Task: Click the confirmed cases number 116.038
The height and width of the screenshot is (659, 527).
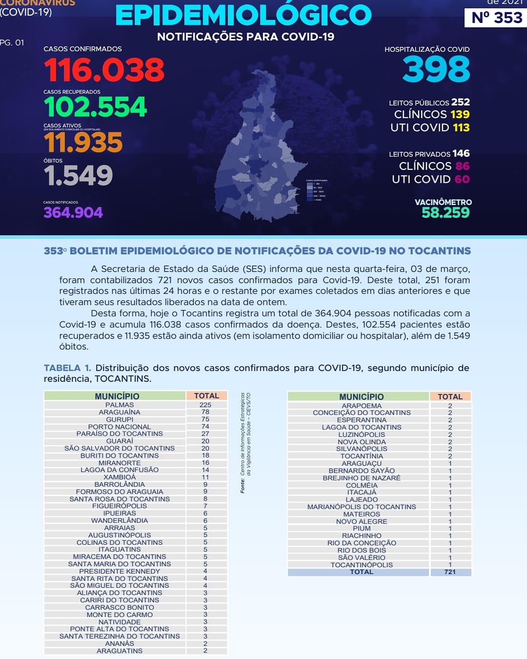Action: pos(104,70)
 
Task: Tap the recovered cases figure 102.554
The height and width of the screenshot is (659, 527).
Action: pos(95,107)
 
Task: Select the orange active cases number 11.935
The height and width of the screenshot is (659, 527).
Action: pos(83,143)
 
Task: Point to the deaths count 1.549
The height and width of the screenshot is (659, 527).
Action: pos(78,176)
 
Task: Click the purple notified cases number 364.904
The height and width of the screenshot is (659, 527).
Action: pos(73,212)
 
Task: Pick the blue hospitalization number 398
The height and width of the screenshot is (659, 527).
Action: pos(436,69)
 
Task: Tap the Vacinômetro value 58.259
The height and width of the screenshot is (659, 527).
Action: pos(446,212)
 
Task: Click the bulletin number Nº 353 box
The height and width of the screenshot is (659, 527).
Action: pos(496,18)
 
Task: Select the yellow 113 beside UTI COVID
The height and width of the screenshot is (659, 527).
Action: pos(461,127)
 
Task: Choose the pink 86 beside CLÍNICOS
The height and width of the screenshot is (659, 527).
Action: pos(462,166)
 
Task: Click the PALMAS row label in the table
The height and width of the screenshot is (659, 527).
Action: pos(120,405)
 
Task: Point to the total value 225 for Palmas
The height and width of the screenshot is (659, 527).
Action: pos(205,405)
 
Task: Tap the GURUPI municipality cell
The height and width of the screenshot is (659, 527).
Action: pos(120,419)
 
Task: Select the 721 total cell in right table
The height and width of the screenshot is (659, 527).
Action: pos(450,572)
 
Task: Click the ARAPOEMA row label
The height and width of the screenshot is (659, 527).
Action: pos(362,406)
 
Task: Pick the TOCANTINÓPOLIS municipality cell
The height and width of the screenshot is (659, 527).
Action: pos(362,565)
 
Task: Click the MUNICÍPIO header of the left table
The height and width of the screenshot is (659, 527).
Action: pos(117,396)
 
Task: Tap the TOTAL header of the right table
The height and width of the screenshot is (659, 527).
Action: pos(450,396)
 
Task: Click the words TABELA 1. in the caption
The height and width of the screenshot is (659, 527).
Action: pos(67,368)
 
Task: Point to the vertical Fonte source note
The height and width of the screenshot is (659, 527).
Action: pos(245,442)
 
